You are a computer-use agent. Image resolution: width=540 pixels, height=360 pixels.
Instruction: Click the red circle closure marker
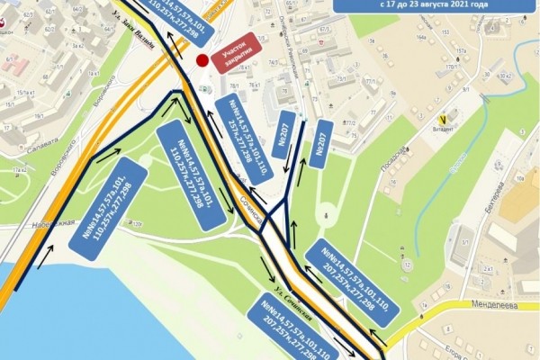click(x=202, y=61)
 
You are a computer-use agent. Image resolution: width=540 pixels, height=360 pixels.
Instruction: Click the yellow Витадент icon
click(x=442, y=118)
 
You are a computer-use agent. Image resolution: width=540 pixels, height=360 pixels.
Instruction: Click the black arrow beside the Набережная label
click(x=43, y=251)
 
